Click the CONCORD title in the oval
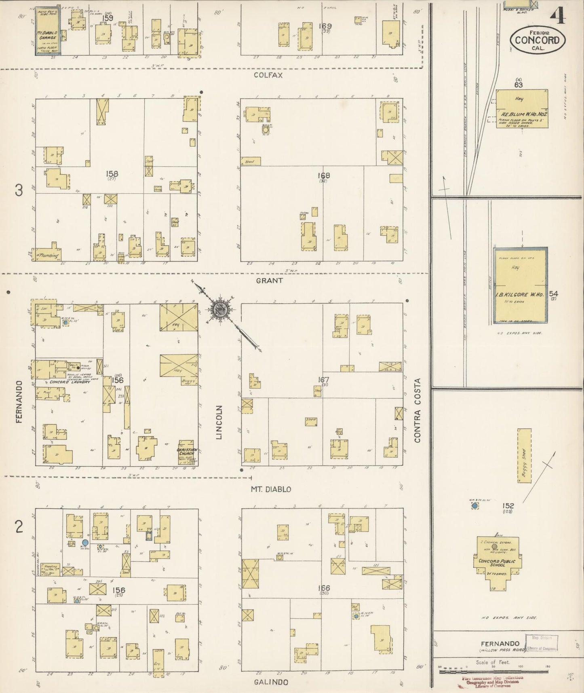pyautogui.click(x=537, y=40)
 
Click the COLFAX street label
pyautogui.click(x=268, y=75)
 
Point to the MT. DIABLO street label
pyautogui.click(x=271, y=489)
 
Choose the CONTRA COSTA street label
pyautogui.click(x=417, y=410)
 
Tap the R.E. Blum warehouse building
pyautogui.click(x=522, y=108)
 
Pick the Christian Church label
pyautogui.click(x=186, y=452)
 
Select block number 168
pyautogui.click(x=324, y=175)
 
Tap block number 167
pyautogui.click(x=324, y=380)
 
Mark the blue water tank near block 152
pyautogui.click(x=475, y=505)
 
